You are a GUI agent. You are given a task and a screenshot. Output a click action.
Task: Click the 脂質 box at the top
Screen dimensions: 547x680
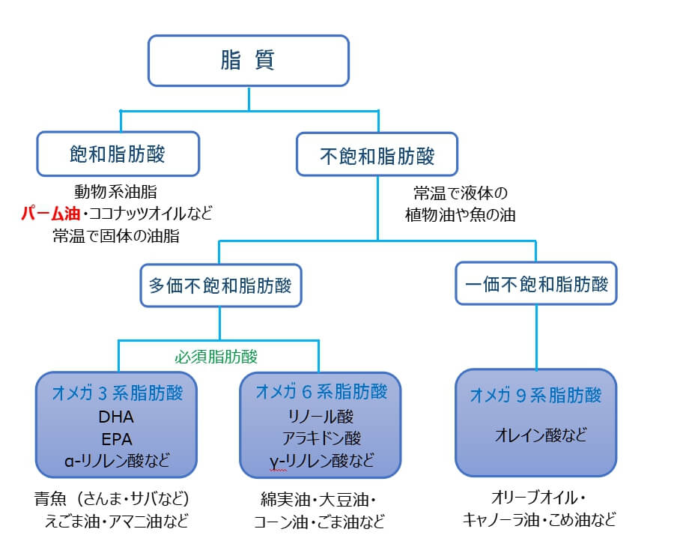248,60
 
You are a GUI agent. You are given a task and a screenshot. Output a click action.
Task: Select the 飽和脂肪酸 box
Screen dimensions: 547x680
118,154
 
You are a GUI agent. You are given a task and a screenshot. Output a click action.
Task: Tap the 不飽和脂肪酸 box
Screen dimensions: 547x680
377,156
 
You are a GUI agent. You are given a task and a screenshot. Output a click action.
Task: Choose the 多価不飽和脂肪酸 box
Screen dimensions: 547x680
220,285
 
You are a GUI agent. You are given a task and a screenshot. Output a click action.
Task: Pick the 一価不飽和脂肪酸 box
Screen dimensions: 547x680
536,282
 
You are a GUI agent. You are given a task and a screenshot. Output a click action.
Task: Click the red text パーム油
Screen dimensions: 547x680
50,214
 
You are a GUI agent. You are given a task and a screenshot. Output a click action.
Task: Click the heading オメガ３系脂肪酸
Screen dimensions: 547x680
115,393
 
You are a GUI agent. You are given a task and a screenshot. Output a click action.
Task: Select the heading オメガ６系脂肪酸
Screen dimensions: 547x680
321,393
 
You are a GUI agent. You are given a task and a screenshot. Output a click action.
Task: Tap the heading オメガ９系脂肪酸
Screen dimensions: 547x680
535,395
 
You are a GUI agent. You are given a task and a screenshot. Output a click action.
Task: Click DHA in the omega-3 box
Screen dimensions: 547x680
115,417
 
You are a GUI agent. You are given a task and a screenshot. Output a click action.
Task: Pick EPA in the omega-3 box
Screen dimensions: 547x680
115,439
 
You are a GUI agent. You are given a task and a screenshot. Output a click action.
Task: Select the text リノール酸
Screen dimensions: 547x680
321,417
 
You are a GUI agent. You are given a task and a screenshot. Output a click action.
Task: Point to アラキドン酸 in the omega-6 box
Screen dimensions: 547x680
321,438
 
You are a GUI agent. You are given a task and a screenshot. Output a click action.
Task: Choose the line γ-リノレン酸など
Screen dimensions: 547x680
321,460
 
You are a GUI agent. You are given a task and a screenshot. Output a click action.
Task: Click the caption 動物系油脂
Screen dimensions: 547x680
115,192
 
